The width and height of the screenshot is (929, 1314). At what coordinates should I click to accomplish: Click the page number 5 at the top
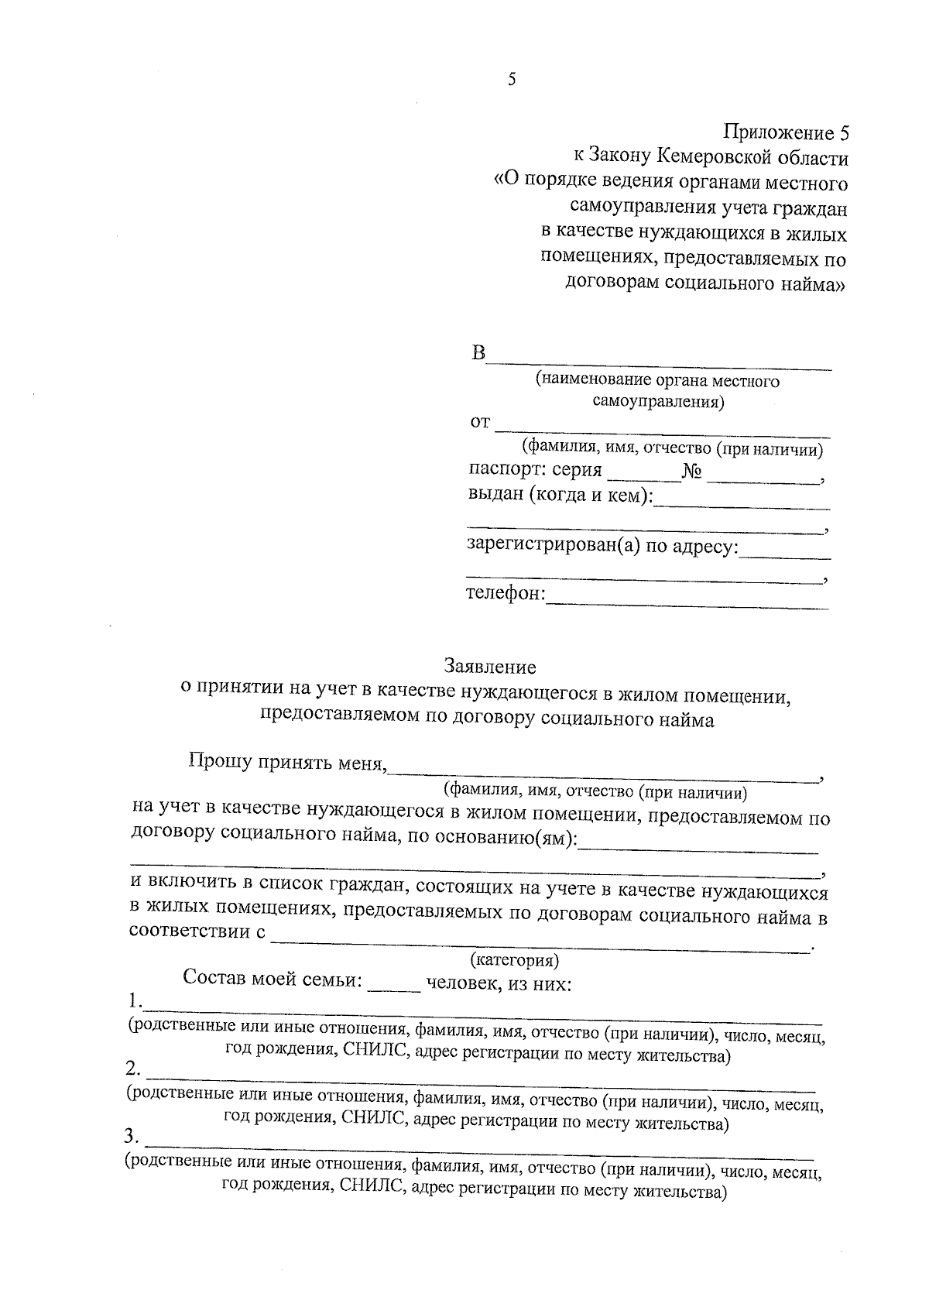[512, 80]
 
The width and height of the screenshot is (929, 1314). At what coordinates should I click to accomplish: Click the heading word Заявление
[489, 666]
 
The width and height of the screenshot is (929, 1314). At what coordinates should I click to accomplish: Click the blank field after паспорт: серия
[643, 479]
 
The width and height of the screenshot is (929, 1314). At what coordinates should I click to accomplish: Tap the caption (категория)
[515, 961]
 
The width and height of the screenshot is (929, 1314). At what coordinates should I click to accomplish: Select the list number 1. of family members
[135, 1000]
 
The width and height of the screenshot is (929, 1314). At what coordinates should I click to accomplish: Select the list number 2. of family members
[133, 1069]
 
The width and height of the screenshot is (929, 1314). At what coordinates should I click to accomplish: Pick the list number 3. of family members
[132, 1137]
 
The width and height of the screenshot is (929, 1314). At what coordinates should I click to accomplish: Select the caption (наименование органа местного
[656, 381]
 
